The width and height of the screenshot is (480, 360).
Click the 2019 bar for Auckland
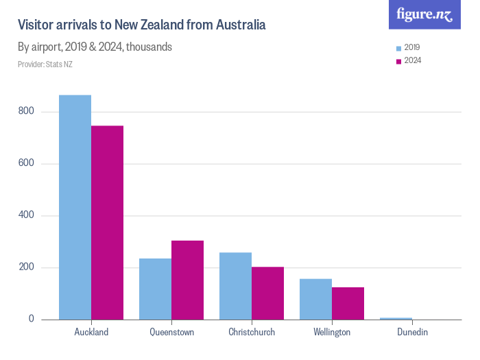75,207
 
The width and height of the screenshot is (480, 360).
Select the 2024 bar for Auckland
107,223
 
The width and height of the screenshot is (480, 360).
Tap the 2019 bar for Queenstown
155,289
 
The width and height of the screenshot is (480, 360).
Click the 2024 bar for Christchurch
267,293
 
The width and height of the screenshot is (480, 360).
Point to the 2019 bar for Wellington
315,299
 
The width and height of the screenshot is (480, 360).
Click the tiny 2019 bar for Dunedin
396,318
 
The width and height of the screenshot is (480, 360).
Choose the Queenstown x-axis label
171,332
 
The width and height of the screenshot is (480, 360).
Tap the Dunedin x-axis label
412,332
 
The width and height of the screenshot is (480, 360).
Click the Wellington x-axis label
332,332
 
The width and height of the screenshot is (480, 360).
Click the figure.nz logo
424,14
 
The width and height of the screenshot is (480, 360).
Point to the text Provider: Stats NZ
45,64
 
